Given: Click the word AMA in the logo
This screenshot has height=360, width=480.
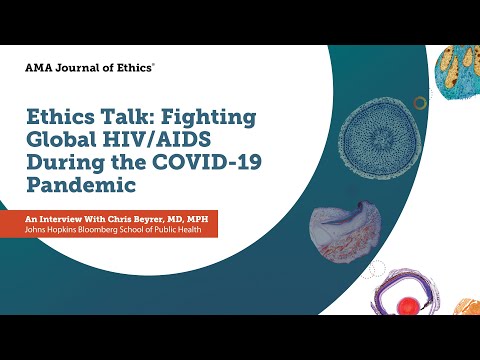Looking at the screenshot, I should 39,68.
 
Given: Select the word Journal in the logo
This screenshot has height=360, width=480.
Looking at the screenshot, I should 77,68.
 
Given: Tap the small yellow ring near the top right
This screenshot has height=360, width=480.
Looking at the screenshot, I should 421,102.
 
